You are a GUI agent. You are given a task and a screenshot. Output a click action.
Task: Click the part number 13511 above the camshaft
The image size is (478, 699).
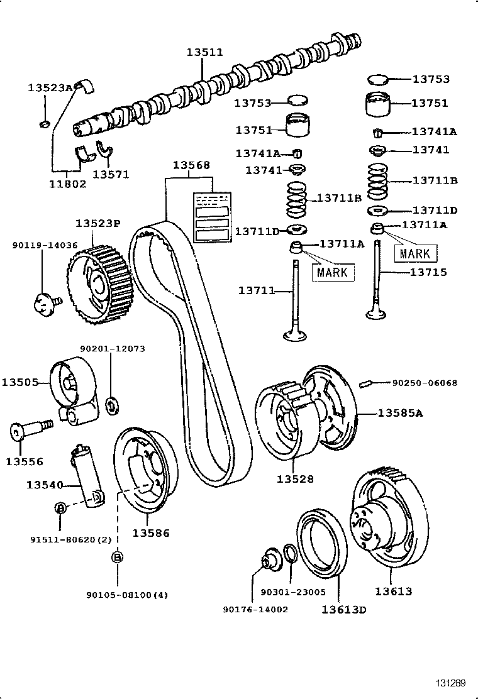[x=204, y=53]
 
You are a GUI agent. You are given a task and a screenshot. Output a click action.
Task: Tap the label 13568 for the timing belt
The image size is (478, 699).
[x=192, y=165]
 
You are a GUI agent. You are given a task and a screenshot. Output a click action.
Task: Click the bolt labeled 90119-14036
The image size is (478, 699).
[x=43, y=303]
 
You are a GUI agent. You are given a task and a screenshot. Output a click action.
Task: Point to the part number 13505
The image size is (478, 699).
[x=19, y=382]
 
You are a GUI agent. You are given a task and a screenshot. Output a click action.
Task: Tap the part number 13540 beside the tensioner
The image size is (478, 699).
[x=45, y=485]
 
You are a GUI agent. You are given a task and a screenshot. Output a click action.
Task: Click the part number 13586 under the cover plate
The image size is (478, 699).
[x=150, y=533]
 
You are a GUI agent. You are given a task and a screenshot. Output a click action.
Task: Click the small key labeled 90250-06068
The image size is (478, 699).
[x=367, y=382]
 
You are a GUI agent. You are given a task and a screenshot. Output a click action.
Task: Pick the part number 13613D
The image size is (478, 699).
[x=344, y=609]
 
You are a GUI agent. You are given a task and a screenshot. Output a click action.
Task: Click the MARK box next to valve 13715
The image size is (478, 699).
[x=415, y=253]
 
